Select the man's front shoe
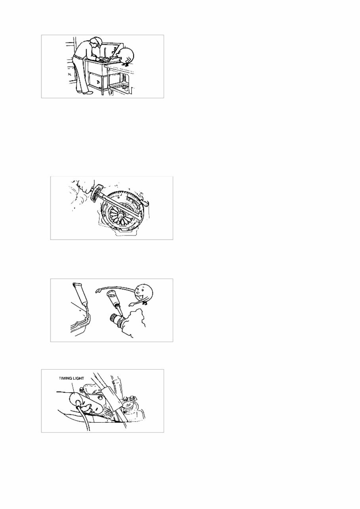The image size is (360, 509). pyautogui.click(x=88, y=92)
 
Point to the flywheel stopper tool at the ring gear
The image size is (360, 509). pyautogui.click(x=147, y=203)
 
